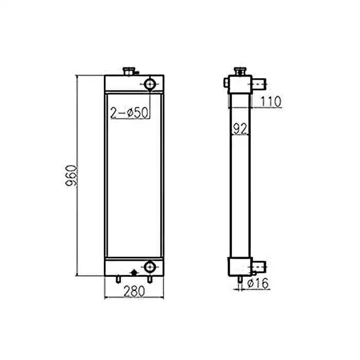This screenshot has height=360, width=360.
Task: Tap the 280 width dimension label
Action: tap(134, 291)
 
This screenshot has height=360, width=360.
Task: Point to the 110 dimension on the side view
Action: tap(270, 102)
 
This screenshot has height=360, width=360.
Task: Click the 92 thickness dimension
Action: tap(239, 128)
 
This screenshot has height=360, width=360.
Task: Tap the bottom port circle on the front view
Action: tap(150, 267)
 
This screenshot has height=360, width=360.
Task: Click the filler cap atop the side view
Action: tap(239, 71)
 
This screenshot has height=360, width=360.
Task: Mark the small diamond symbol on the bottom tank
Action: tap(134, 271)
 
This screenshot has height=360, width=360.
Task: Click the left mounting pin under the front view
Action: tap(118, 279)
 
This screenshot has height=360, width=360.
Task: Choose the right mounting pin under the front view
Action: tap(150, 279)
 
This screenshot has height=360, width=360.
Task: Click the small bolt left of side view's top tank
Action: tap(226, 82)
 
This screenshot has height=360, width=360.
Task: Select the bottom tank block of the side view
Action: tap(239, 266)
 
